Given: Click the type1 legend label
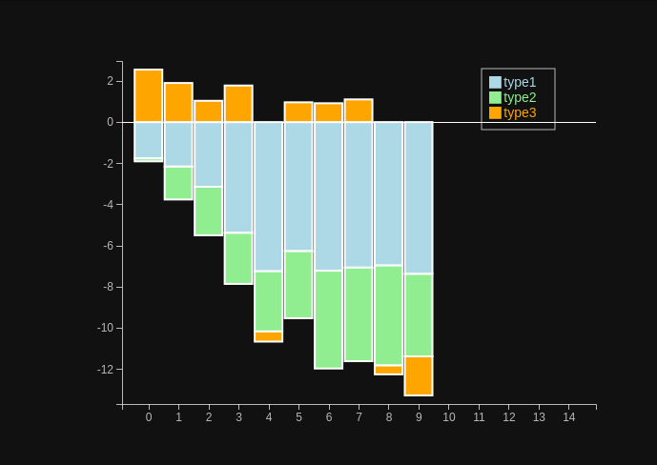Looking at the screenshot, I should click(x=520, y=82).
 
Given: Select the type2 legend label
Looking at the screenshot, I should click(x=520, y=97).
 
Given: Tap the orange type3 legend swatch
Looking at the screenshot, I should click(x=495, y=112).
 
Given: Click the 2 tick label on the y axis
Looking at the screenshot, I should click(x=111, y=81).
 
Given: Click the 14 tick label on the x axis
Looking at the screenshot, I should click(x=569, y=417).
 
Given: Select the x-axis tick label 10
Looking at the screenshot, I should click(x=449, y=417).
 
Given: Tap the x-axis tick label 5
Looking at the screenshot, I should click(x=298, y=417).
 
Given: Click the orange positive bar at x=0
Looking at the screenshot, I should click(x=149, y=95).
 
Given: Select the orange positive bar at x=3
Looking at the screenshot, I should click(x=238, y=104).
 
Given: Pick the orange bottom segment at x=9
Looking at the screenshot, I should click(x=419, y=375).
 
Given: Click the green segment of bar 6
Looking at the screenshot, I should click(x=329, y=319).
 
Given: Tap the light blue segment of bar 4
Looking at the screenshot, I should click(x=269, y=196).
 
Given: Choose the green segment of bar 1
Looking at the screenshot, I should click(x=178, y=183).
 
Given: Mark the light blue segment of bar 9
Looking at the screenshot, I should click(x=419, y=197).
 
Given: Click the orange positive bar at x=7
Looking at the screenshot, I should click(x=359, y=111).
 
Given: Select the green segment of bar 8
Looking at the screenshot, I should click(x=389, y=315).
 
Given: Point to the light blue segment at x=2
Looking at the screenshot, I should click(x=209, y=154).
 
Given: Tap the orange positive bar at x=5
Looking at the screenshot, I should click(x=298, y=111).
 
